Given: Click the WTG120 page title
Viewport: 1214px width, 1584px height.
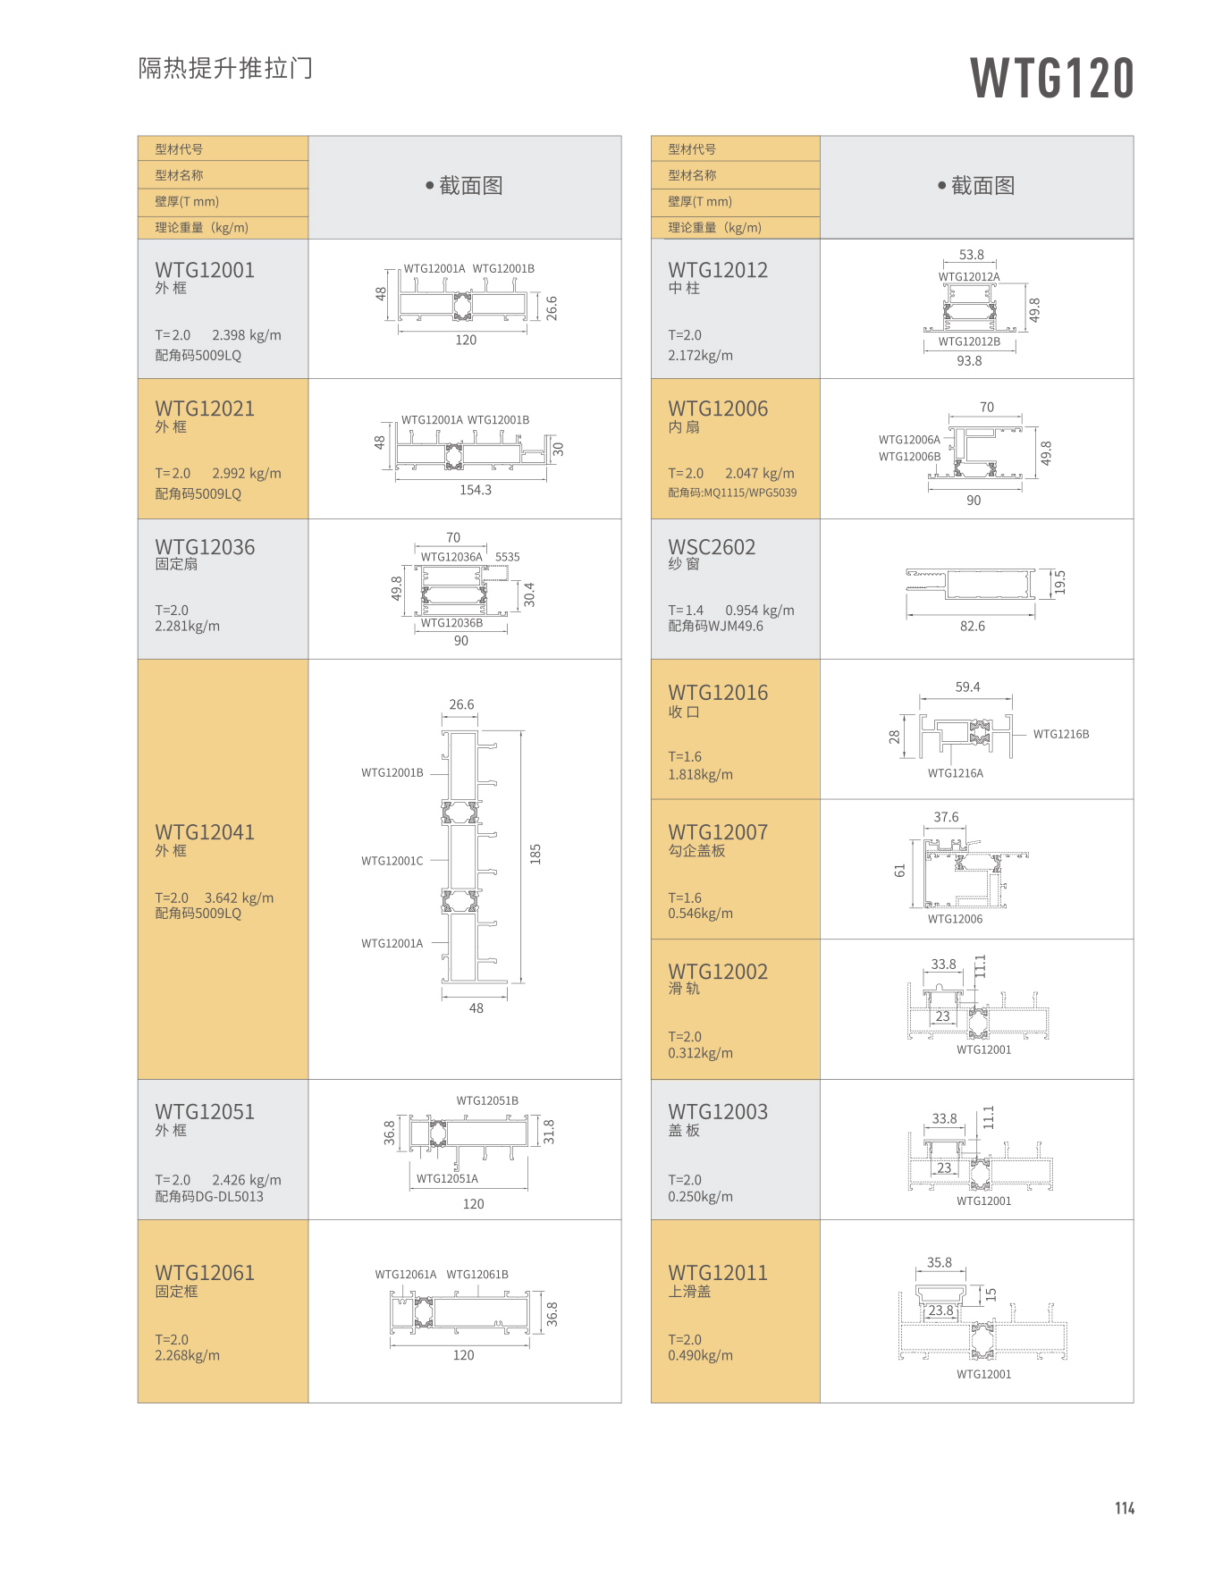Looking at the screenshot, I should click(1052, 78).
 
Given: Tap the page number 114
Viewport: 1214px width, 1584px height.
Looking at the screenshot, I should click(1124, 1508).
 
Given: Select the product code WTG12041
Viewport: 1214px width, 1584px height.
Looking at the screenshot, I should click(205, 832).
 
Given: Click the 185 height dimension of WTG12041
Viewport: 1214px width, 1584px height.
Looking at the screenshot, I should click(535, 854).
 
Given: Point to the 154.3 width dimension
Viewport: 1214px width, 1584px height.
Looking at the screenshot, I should click(476, 490).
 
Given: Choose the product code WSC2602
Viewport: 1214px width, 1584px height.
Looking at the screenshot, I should click(712, 547).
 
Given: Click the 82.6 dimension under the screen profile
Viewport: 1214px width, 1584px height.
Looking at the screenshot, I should click(973, 627).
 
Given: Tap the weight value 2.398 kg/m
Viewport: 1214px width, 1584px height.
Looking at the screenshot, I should click(247, 335).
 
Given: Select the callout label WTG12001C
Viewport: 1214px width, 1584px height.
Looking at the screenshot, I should click(392, 861).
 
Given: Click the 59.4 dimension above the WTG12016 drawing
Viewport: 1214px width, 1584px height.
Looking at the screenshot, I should click(967, 687).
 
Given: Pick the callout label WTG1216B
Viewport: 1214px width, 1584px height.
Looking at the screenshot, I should click(1061, 734).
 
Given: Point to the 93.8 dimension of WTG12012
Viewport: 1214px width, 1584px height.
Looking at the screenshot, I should click(969, 361).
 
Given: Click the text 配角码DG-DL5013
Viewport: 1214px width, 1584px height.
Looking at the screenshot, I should click(209, 1196).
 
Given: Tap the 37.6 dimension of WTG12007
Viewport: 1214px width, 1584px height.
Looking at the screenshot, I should click(946, 817).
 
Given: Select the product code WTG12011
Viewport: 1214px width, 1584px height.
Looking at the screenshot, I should click(718, 1273).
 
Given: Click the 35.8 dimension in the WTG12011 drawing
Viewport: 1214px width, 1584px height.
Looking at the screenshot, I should click(940, 1262).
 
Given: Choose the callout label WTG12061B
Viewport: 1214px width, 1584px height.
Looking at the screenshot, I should click(477, 1275).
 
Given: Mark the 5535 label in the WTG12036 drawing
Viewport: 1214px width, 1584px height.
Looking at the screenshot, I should click(508, 557).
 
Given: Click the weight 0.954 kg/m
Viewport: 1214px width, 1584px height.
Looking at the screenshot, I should click(760, 611).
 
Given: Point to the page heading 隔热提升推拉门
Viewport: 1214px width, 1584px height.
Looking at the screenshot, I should click(225, 68).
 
